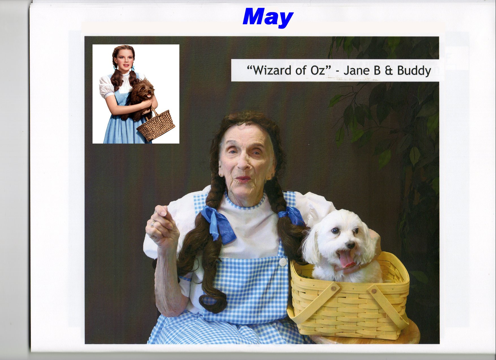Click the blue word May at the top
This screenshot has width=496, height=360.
pos(268,17)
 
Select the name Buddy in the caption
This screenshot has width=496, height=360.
pos(414,71)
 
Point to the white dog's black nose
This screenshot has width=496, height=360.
pos(350,245)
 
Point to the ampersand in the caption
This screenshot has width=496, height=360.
pos(389,71)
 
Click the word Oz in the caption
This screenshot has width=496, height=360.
pos(318,70)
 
